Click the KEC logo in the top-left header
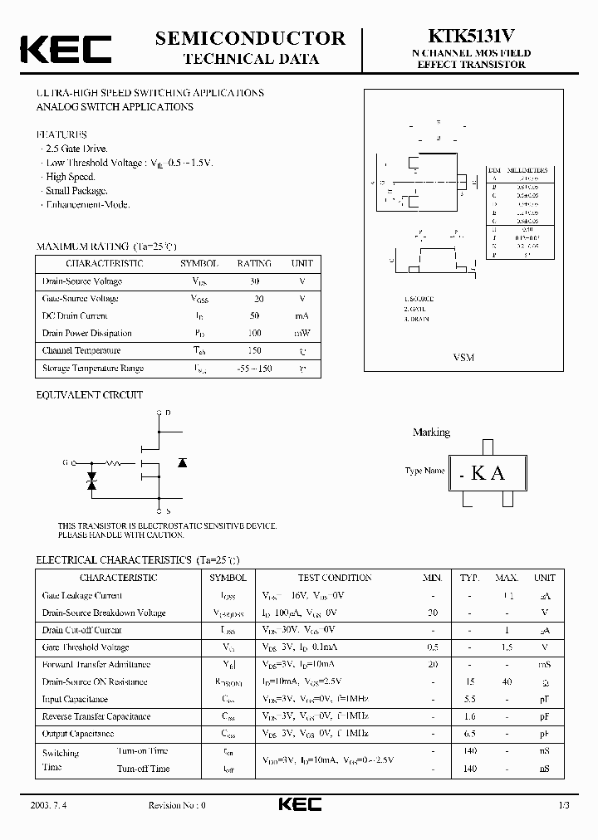(66, 50)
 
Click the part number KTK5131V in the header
(471, 37)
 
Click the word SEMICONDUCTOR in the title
(250, 38)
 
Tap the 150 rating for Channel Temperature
(254, 350)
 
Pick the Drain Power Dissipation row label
(87, 333)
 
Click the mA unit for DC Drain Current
(301, 315)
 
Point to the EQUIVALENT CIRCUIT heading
(90, 395)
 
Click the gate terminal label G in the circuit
(64, 462)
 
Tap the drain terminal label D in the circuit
(169, 412)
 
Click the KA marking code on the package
(488, 473)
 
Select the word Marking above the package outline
(431, 432)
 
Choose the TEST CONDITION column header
(334, 578)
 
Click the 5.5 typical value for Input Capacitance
(470, 699)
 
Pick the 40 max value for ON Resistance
(507, 681)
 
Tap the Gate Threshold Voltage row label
(86, 647)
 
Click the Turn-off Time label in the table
(144, 769)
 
